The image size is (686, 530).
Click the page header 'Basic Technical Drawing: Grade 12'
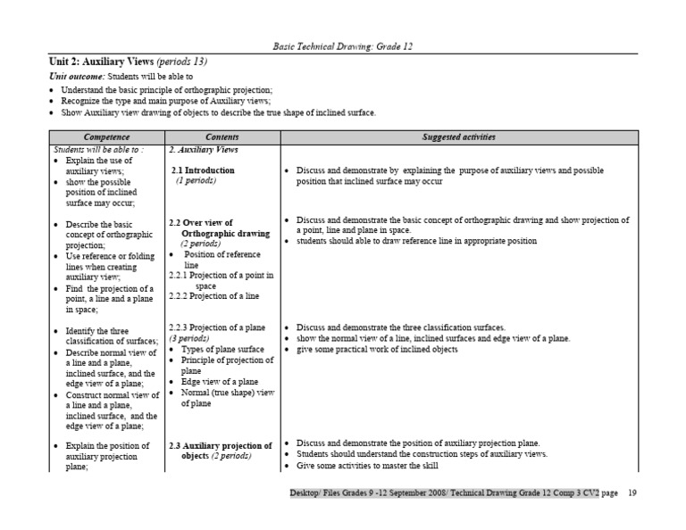pos(344,46)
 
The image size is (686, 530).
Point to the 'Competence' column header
pos(106,137)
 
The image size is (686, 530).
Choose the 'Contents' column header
pos(222,137)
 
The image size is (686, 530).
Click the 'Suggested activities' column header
pos(459,137)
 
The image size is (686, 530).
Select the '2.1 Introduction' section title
pos(204,170)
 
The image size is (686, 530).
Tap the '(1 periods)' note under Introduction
pos(196,180)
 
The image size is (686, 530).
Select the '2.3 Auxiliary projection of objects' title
pos(220,450)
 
